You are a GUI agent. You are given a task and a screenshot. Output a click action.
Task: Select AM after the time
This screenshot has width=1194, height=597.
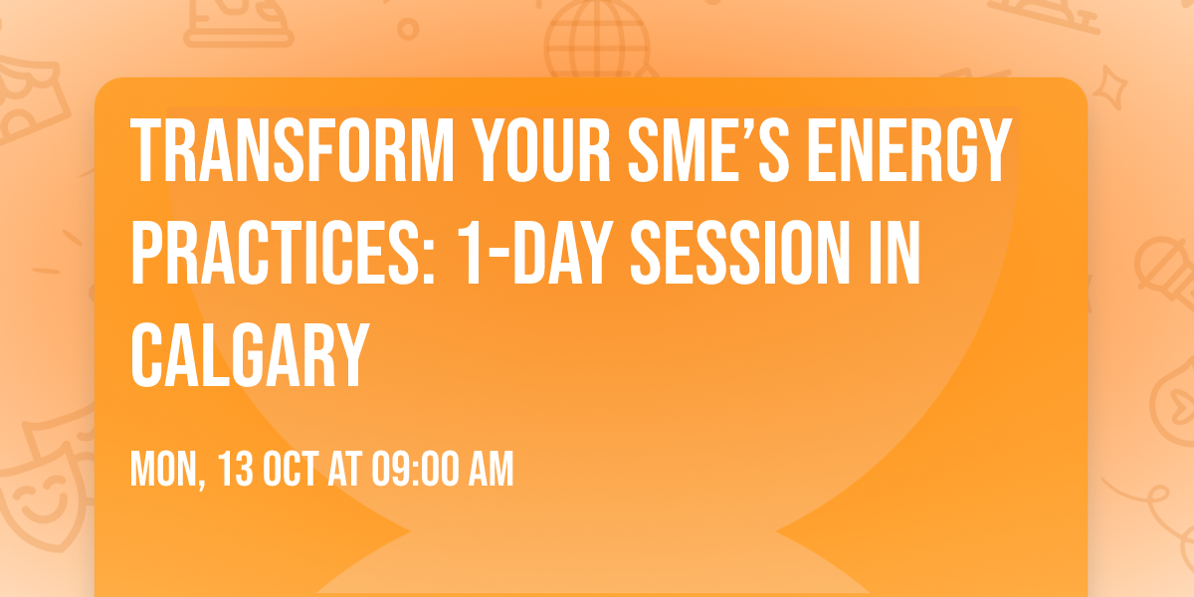point(492,470)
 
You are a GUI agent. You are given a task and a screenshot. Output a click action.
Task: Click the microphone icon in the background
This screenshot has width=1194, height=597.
point(1160,264)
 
